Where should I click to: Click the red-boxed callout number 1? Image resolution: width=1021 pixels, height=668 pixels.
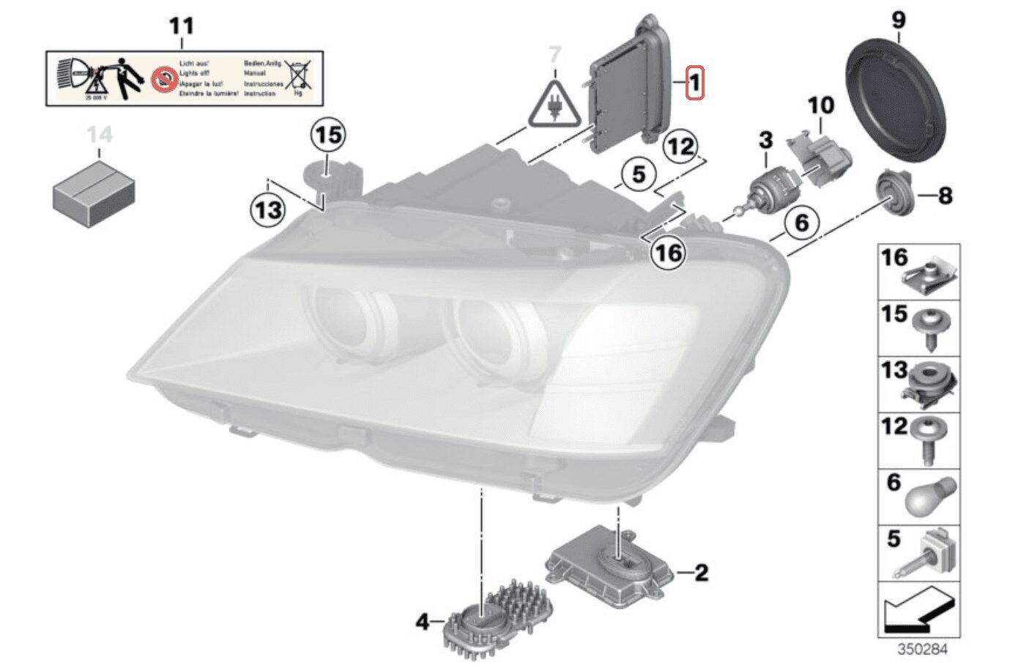[x=694, y=83]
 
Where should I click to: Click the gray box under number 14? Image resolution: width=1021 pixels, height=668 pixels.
[x=94, y=193]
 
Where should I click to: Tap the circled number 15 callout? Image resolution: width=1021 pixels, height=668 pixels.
[x=329, y=136]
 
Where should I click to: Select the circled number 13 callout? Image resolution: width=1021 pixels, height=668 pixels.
[x=268, y=211]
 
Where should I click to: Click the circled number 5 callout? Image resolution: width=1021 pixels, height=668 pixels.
[x=639, y=175]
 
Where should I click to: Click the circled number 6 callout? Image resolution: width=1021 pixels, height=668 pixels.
[x=802, y=222]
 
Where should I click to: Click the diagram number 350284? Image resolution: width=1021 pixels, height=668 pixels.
[x=922, y=650]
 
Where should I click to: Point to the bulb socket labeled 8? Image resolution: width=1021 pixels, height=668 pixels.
[x=894, y=193]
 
